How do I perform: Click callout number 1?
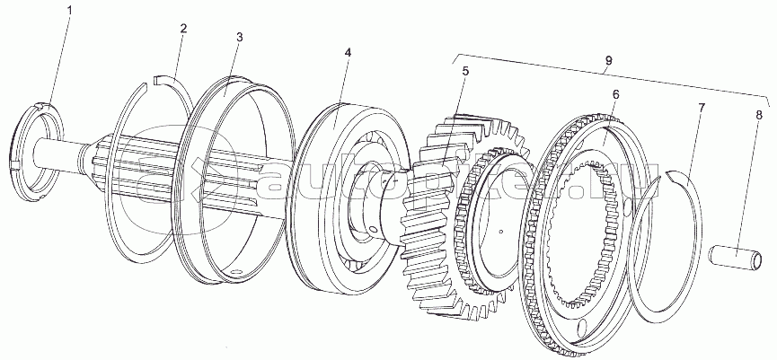pos(69,10)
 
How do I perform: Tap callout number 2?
pos(183,28)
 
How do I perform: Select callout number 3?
pos(239,38)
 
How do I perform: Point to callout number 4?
pos(348,52)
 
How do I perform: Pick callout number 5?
pos(464,70)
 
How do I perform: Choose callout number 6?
pos(615,94)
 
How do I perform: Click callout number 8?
pos(759,116)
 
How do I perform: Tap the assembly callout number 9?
pos(608,60)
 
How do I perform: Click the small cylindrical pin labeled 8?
pos(733,258)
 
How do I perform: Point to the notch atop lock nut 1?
pos(41,105)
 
